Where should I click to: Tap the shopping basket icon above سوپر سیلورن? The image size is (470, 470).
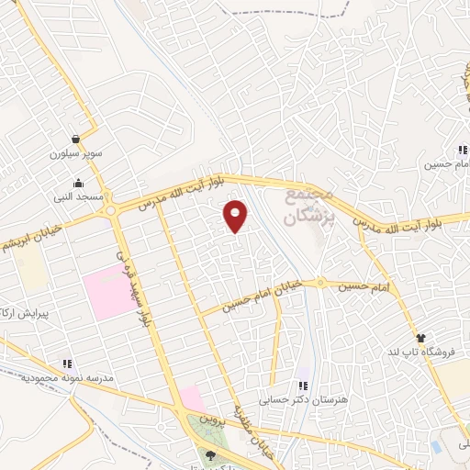pos(74,140)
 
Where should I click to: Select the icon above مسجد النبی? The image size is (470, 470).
pos(78,183)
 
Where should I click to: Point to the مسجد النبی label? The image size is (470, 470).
pos(78,196)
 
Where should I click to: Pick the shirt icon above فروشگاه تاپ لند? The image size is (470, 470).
pos(420,338)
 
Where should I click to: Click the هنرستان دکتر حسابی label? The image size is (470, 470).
pos(303,400)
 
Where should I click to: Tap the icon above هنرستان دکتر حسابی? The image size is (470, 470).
pos(303,386)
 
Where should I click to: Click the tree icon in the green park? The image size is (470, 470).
pos(212,454)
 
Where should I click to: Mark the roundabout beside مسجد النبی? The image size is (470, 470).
pos(111,211)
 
